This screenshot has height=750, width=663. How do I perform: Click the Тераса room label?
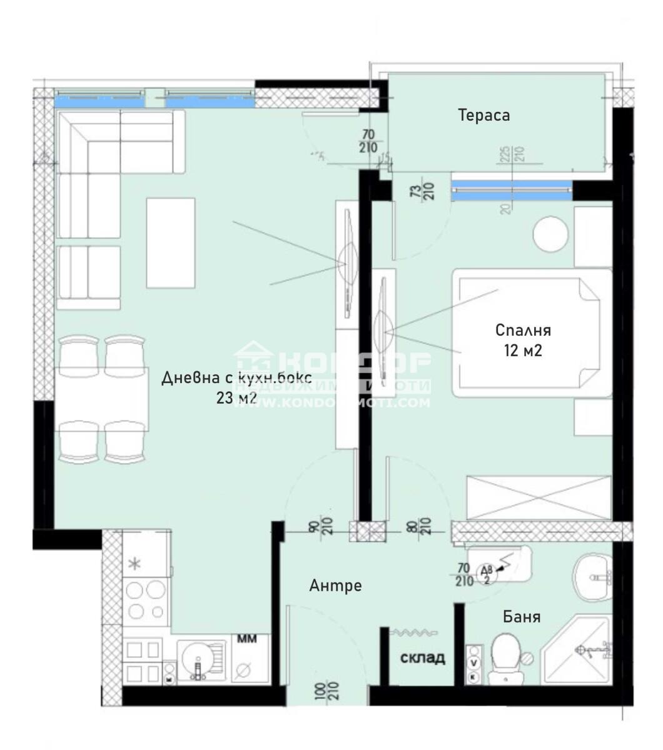pyautogui.click(x=483, y=116)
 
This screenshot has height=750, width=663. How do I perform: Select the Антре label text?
pyautogui.click(x=335, y=586)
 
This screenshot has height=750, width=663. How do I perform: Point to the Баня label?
pyautogui.click(x=522, y=617)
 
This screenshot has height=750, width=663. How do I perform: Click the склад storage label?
pyautogui.click(x=423, y=657)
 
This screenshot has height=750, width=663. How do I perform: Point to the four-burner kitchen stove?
pyautogui.click(x=146, y=599)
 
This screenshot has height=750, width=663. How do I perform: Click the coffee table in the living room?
pyautogui.click(x=171, y=242)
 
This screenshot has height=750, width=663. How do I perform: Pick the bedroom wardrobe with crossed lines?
pyautogui.click(x=538, y=497)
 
